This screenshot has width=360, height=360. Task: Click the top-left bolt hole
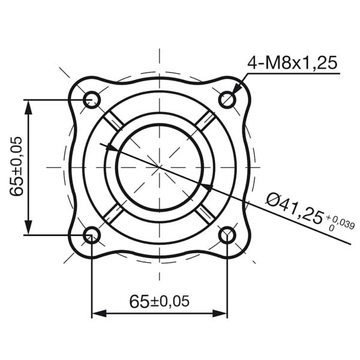tap(91, 99)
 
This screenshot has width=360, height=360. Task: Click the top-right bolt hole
tap(227, 99)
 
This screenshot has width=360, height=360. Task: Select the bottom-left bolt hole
tap(91, 235)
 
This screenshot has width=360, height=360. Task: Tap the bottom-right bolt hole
tap(227, 235)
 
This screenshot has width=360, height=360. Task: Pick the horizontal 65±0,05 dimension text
tap(159, 301)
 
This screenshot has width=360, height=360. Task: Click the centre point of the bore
tap(159, 167)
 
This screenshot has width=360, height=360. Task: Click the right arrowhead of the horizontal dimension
tap(220, 313)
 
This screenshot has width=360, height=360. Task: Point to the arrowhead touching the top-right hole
tap(236, 90)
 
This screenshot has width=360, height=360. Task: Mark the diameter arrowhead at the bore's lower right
tap(206, 188)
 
